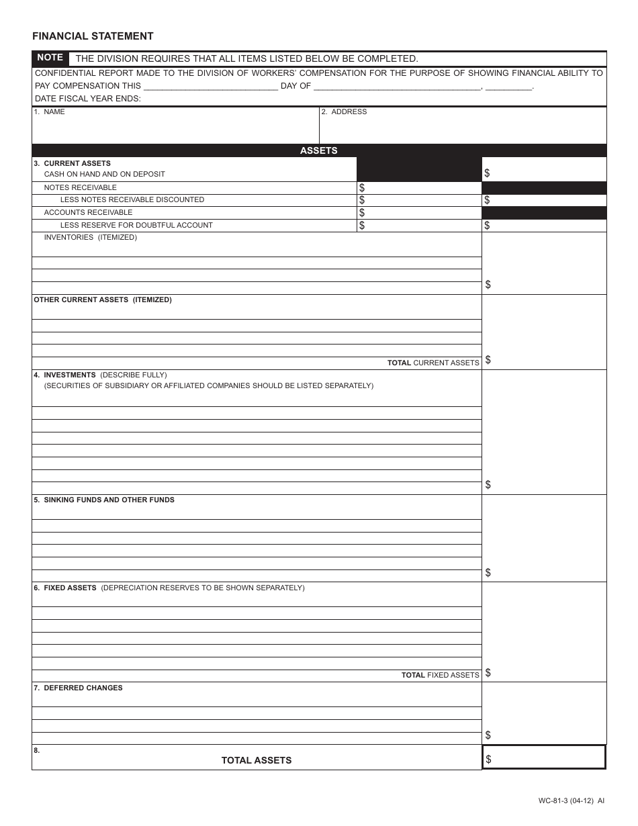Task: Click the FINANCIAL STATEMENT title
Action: (x=93, y=36)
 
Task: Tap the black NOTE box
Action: (x=50, y=58)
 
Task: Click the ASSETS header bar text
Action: (x=318, y=150)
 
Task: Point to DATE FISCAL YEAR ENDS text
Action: (x=87, y=99)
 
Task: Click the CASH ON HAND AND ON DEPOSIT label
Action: (x=104, y=174)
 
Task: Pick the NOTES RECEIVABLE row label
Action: (x=80, y=187)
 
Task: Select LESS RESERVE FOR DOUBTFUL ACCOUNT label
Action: (x=136, y=225)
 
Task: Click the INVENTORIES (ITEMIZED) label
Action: (x=90, y=237)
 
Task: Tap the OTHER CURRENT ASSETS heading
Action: (x=103, y=300)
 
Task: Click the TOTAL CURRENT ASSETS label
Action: (x=433, y=363)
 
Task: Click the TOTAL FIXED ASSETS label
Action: (x=440, y=675)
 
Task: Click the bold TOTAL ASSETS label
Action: (x=257, y=760)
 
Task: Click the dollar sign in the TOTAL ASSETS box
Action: (x=488, y=759)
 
